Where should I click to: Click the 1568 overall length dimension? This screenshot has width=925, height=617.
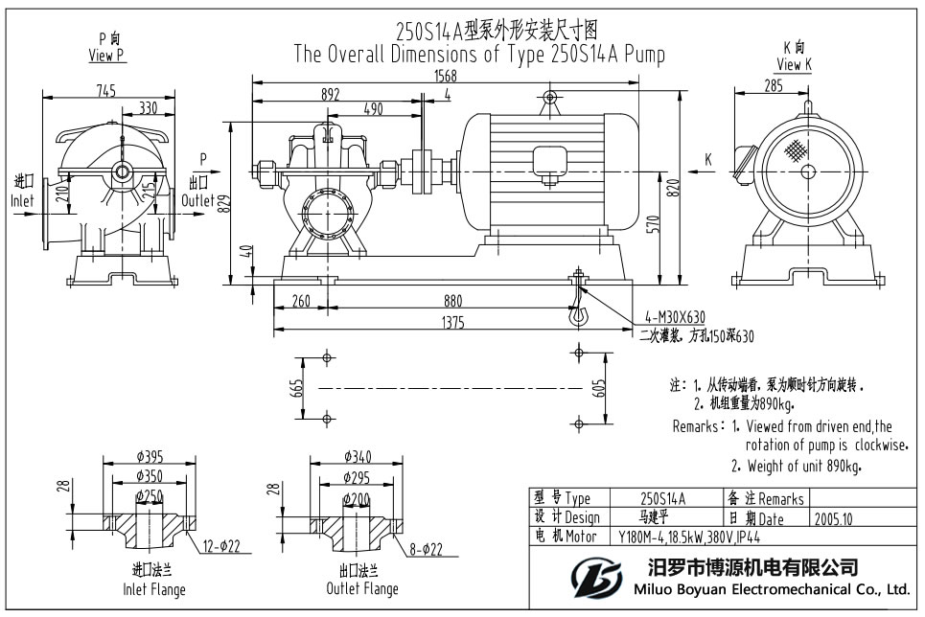[446, 76]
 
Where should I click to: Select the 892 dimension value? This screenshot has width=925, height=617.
[331, 94]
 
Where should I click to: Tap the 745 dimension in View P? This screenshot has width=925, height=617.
[105, 91]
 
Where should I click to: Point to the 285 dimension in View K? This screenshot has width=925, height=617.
[774, 86]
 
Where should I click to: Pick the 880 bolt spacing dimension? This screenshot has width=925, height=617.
[453, 300]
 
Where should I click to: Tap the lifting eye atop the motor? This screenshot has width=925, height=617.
[549, 98]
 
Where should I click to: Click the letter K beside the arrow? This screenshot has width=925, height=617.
[708, 159]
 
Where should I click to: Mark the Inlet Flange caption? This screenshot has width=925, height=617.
[153, 588]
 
